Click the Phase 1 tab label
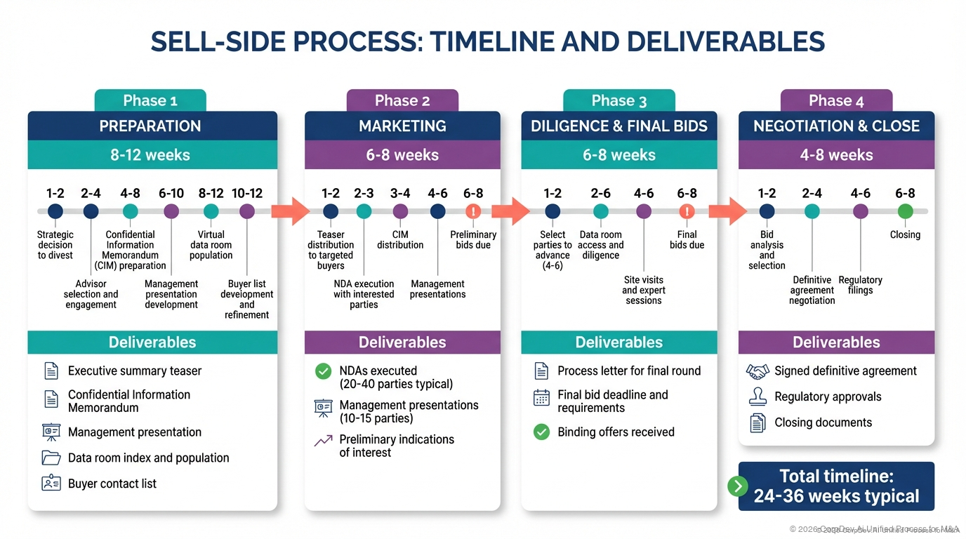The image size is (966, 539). [x=150, y=100]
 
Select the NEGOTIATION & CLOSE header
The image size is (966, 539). [x=836, y=126]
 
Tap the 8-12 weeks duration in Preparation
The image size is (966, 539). [x=150, y=155]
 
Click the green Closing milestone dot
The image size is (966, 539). [x=905, y=211]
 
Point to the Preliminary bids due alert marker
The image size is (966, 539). [x=473, y=211]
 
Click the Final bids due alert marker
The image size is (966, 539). [x=687, y=211]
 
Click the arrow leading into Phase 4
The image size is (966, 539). [x=727, y=211]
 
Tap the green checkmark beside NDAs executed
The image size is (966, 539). [x=323, y=371]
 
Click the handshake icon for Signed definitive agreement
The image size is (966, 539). [x=757, y=371]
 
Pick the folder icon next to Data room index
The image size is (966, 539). [x=51, y=458]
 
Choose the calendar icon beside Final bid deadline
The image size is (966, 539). [x=541, y=398]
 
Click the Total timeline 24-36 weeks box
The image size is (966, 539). [x=836, y=486]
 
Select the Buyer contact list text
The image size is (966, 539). [x=112, y=484]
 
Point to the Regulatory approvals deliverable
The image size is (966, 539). [x=827, y=397]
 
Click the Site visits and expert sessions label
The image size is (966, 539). [x=643, y=290]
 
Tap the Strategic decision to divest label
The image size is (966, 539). [x=55, y=245]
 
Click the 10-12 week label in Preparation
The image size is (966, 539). [x=246, y=193]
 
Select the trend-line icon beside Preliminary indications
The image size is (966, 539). [x=323, y=441]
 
